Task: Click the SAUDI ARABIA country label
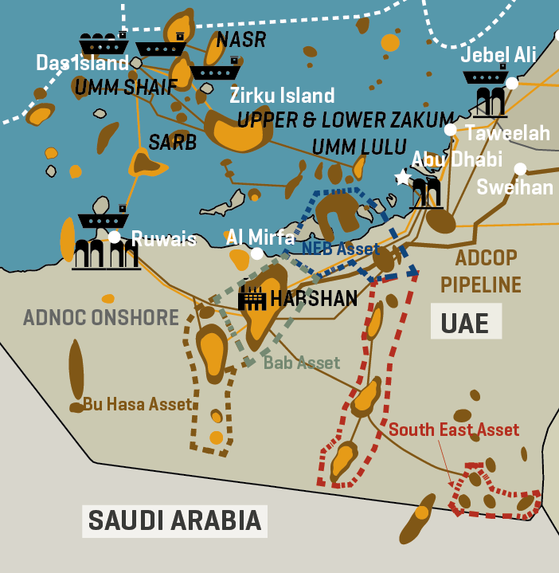pyautogui.click(x=174, y=520)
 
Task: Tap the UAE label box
pyautogui.click(x=466, y=321)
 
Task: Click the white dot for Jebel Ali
pyautogui.click(x=512, y=83)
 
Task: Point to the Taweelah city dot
pyautogui.click(x=451, y=130)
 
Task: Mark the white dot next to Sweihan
pyautogui.click(x=520, y=169)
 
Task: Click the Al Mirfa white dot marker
pyautogui.click(x=256, y=253)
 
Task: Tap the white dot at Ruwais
pyautogui.click(x=115, y=237)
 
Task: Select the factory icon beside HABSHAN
pyautogui.click(x=252, y=298)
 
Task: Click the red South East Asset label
pyautogui.click(x=454, y=430)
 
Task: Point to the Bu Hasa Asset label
pyautogui.click(x=138, y=404)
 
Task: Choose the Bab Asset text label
pyautogui.click(x=302, y=363)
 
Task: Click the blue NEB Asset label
pyautogui.click(x=341, y=248)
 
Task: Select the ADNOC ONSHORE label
pyautogui.click(x=101, y=317)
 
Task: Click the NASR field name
pyautogui.click(x=241, y=39)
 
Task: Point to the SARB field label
pyautogui.click(x=172, y=143)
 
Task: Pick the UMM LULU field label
pyautogui.click(x=349, y=147)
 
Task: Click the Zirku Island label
pyautogui.click(x=282, y=96)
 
